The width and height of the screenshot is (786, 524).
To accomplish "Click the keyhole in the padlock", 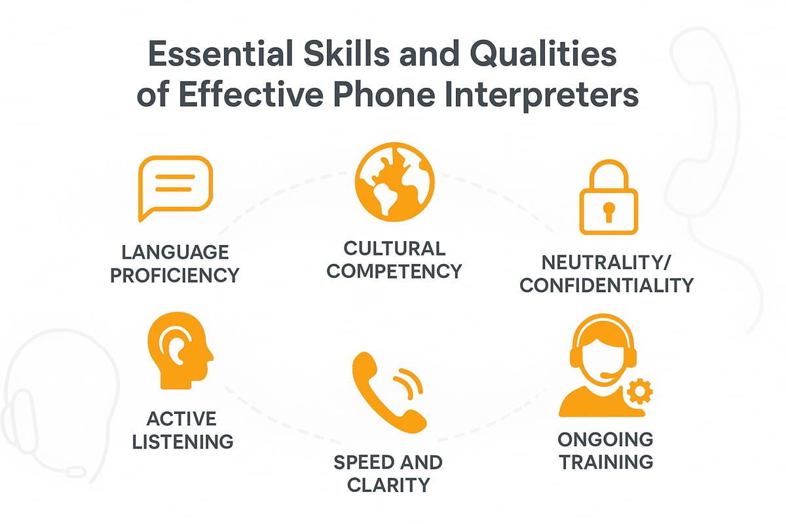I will (x=609, y=211).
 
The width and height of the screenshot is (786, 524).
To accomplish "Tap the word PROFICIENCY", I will (x=174, y=274).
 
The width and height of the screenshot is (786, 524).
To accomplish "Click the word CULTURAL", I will (x=394, y=248).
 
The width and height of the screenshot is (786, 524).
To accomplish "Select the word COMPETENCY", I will (x=394, y=270).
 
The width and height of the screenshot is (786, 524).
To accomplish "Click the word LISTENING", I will (x=183, y=441).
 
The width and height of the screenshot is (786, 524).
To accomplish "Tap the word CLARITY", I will (x=388, y=484).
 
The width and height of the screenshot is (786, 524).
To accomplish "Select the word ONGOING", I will (x=606, y=439).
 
